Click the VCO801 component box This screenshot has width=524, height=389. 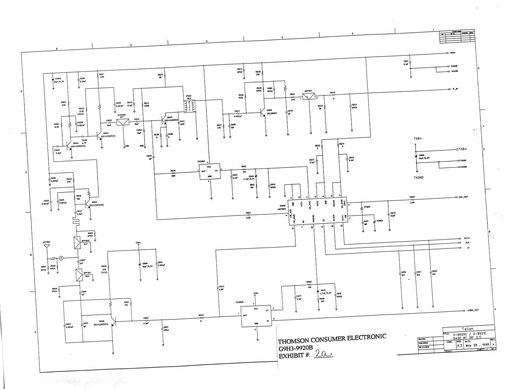210,172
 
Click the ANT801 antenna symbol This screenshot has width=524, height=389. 47,246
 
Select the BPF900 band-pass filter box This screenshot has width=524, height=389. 77,243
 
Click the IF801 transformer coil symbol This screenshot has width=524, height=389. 190,107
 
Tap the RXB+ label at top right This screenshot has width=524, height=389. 452,53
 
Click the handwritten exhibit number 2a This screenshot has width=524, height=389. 323,354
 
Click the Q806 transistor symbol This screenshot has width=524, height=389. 264,113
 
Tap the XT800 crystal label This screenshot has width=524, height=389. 367,207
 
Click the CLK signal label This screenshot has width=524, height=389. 467,243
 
